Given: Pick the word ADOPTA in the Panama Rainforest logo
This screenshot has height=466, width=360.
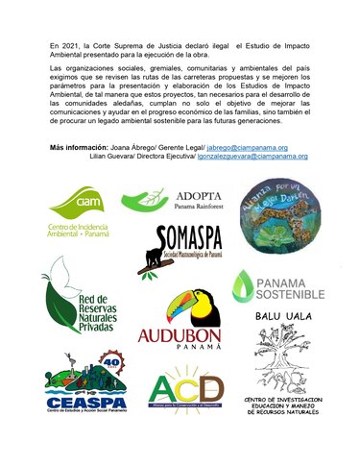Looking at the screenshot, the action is click(x=201, y=193).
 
